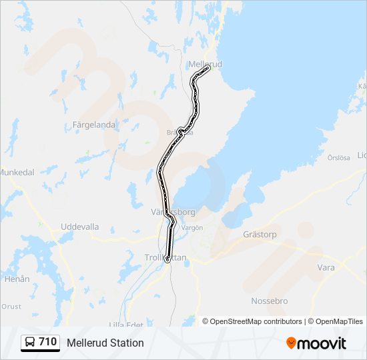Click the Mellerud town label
point(205,63)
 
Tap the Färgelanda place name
point(94,125)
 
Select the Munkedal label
point(17,172)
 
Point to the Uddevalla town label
point(79,227)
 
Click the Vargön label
point(192,227)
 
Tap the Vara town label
point(326,267)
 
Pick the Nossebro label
point(269,301)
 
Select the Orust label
point(11,307)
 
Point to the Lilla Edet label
point(125,325)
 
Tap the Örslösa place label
point(338,158)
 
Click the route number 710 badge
point(47,342)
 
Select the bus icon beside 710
point(30,343)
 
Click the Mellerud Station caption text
point(105,343)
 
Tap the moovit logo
point(316,343)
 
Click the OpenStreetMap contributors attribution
point(256,321)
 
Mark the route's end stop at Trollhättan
point(167,261)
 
